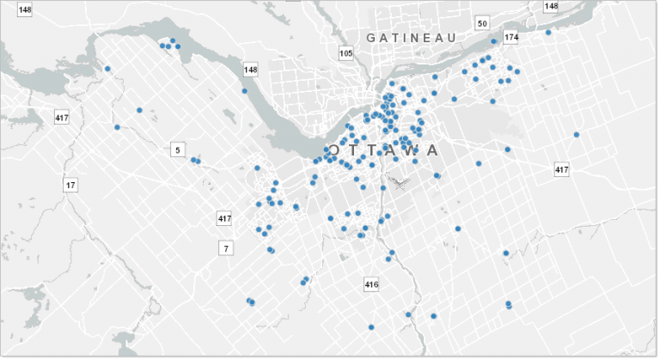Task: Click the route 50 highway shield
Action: pyautogui.click(x=482, y=23)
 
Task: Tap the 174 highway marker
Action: pyautogui.click(x=511, y=38)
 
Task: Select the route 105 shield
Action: pyautogui.click(x=346, y=53)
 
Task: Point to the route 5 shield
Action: pyautogui.click(x=178, y=150)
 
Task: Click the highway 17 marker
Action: pyautogui.click(x=70, y=185)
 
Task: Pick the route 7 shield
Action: pyautogui.click(x=226, y=248)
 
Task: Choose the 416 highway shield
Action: pyautogui.click(x=371, y=284)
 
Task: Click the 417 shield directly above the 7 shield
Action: pyautogui.click(x=225, y=219)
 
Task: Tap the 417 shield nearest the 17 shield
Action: pyautogui.click(x=62, y=118)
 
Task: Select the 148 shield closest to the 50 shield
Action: pyautogui.click(x=551, y=6)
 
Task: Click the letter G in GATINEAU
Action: pyautogui.click(x=371, y=38)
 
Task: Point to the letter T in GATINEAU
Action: pyautogui.click(x=400, y=38)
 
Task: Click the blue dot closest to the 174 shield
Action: pyautogui.click(x=493, y=41)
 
